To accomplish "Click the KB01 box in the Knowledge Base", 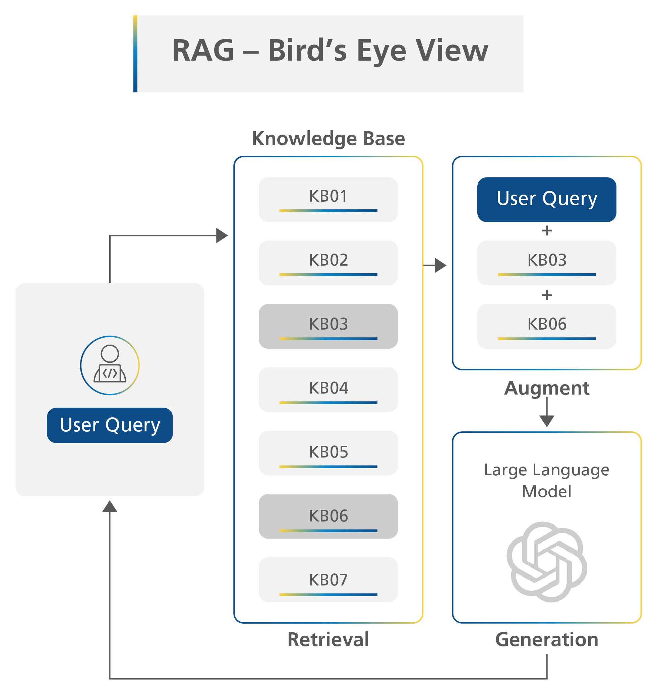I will pos(328,199).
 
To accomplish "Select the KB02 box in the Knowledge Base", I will pos(328,263).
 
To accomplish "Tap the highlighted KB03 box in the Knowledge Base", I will pos(328,326).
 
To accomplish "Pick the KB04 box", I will pos(328,390).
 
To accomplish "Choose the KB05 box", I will pos(328,453).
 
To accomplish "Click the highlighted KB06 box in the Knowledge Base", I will pos(328,516).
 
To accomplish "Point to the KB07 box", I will pos(328,579).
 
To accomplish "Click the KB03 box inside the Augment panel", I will pos(546,263).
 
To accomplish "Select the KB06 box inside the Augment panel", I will pos(546,326).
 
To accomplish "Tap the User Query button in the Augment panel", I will pos(546,199).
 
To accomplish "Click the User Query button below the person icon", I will pos(110,425).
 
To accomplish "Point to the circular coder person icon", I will pos(110,365).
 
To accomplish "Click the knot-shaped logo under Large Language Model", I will pos(546,562).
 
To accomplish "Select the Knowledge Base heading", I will pos(328,139).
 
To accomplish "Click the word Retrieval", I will pos(328,640).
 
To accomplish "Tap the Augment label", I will pos(546,388).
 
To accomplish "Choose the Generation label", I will pos(546,640).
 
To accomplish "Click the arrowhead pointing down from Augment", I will pos(546,421).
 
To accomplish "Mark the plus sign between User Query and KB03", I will pos(546,231).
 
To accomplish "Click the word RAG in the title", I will pos(203,51).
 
